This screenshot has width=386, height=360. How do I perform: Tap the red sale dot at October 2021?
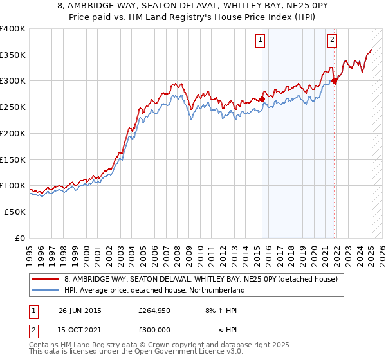tap(335, 80)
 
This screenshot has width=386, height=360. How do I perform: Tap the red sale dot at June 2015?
tap(262, 99)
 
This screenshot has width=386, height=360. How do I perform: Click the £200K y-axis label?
tap(14, 133)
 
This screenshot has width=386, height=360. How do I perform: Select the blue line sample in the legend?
tap(46, 290)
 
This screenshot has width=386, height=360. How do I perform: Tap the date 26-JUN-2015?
tap(80, 310)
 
